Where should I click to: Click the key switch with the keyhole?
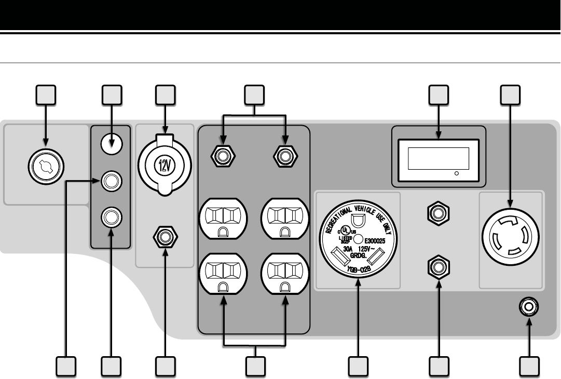[x=46, y=166]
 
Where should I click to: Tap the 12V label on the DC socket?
[x=165, y=167]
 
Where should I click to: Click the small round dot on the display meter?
[x=456, y=173]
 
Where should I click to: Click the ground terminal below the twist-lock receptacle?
[x=529, y=307]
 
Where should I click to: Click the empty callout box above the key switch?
[x=46, y=94]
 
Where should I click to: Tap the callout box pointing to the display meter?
[x=439, y=94]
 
